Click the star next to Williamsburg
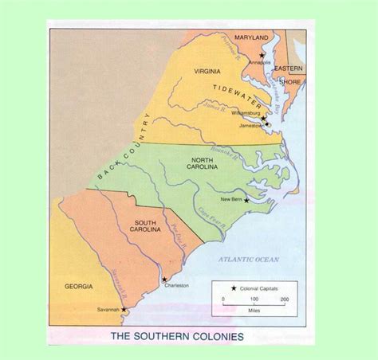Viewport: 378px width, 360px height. [264, 119]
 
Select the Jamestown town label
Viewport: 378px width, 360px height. [248, 125]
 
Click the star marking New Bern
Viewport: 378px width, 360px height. [246, 200]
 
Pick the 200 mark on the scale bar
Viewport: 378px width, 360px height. [284, 299]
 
